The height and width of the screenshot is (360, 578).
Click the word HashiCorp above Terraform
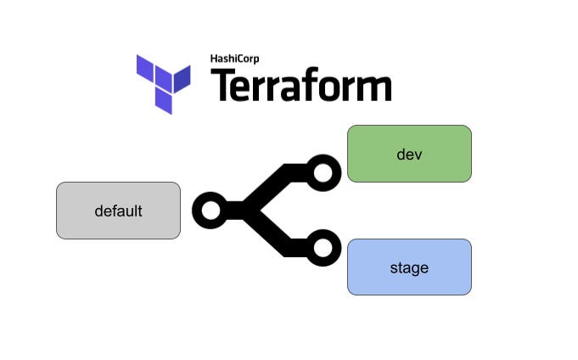point(234,59)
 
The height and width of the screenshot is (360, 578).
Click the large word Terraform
point(300,84)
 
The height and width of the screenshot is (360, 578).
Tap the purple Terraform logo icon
point(163,84)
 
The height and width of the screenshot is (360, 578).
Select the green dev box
point(409,154)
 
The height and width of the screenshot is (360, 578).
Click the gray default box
point(118,211)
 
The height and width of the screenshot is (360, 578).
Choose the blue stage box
point(409,267)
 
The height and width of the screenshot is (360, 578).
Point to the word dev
point(409,155)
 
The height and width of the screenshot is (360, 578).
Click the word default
point(118,211)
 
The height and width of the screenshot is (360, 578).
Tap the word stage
point(409,268)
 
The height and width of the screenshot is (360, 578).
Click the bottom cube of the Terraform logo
point(164,101)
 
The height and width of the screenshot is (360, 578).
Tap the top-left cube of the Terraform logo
point(145,68)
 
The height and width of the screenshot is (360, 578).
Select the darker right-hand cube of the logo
point(182,79)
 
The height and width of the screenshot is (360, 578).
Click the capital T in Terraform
point(222,85)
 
